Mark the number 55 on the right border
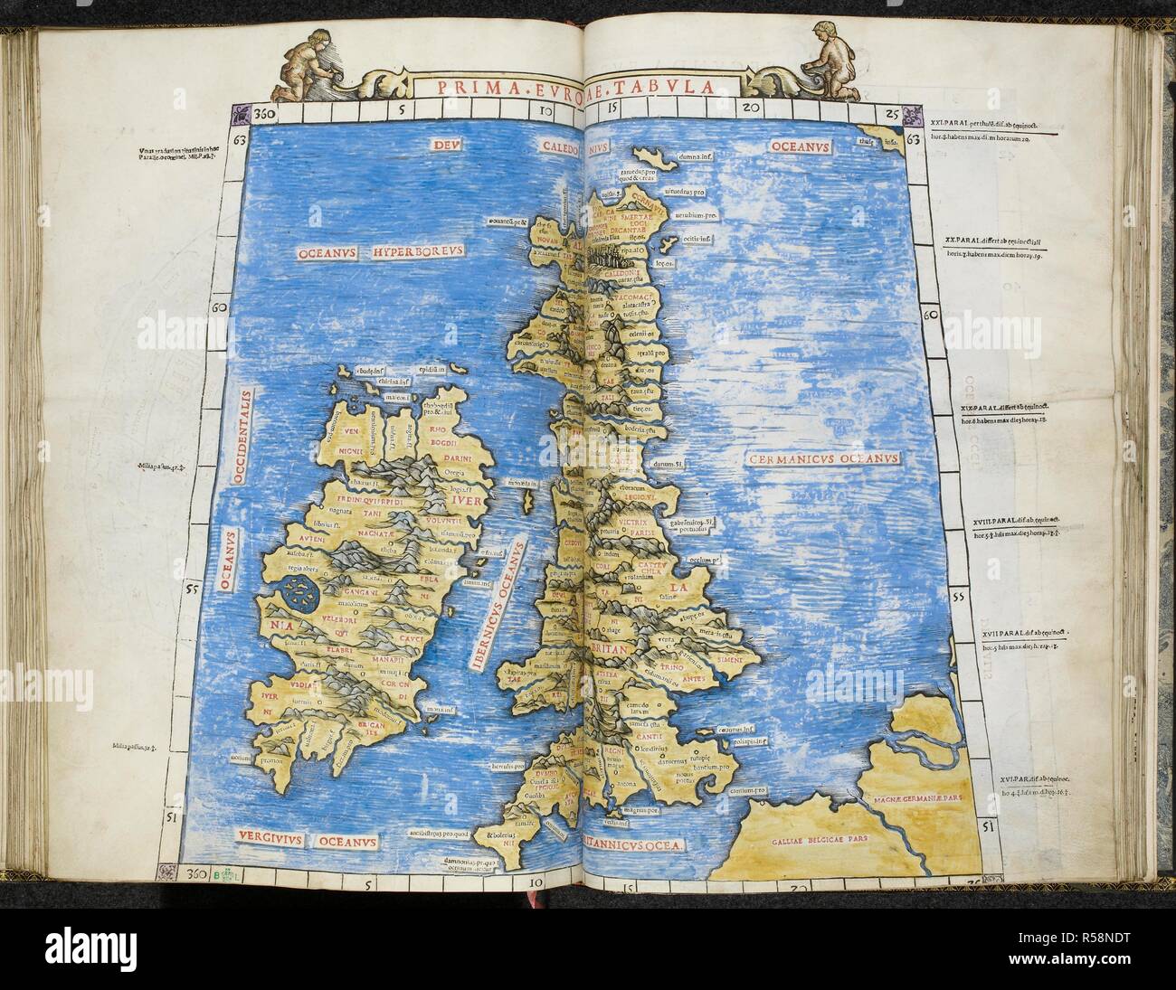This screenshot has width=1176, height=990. (x=960, y=598)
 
